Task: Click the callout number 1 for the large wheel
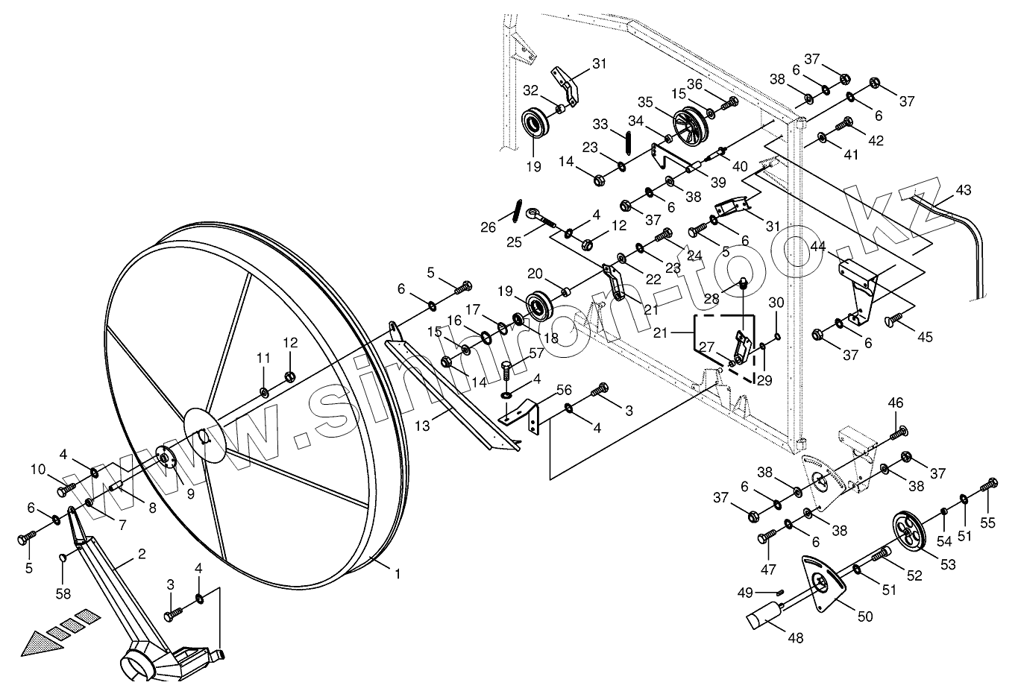(398, 574)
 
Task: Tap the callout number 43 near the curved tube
(963, 190)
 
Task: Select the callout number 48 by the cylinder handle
(796, 638)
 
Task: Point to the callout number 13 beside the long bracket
(423, 426)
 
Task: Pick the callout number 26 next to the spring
(488, 227)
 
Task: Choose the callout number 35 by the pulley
(644, 102)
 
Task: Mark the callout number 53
(947, 565)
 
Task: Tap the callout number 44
(818, 245)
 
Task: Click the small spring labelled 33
(629, 142)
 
